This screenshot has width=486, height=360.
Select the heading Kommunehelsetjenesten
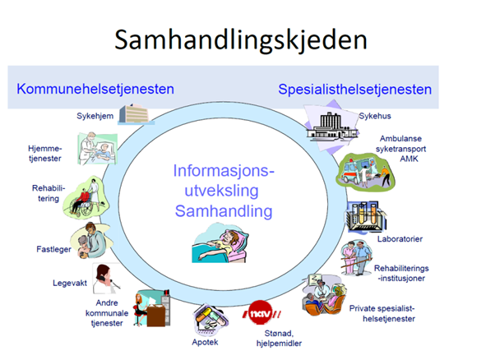[x=95, y=90]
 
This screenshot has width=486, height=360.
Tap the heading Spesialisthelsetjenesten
[x=355, y=90]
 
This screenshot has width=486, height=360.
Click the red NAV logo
[x=262, y=312]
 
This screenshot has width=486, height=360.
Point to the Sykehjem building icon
[x=136, y=114]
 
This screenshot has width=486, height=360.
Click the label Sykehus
[x=375, y=116]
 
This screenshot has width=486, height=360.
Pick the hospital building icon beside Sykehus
[x=331, y=127]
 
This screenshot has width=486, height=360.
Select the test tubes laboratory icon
[x=366, y=216]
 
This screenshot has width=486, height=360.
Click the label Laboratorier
[x=400, y=239]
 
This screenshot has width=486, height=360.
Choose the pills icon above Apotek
[x=211, y=320]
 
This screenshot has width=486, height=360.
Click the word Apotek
[x=205, y=343]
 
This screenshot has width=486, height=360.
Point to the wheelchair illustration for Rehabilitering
[x=86, y=197]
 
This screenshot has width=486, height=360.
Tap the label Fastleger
[x=53, y=249]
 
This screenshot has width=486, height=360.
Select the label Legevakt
[x=70, y=284]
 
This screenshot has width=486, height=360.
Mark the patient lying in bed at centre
[x=220, y=243]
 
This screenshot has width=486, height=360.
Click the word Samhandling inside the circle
[x=224, y=211]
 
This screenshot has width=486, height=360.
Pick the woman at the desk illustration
[x=152, y=308]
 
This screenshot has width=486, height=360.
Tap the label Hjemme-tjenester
[x=45, y=154]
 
